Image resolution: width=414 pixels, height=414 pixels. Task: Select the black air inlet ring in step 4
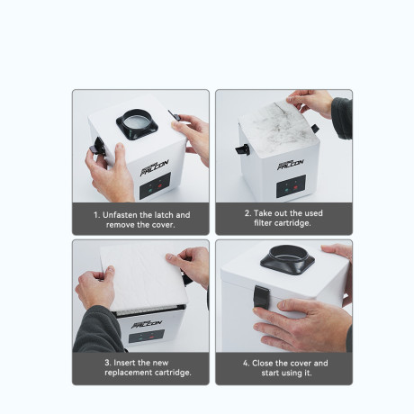click(x=287, y=260)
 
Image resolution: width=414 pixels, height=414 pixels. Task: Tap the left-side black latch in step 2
click(x=241, y=148)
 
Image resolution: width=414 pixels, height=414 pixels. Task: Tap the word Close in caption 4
click(x=268, y=364)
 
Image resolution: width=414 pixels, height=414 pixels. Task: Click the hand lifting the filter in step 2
click(x=315, y=101)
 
